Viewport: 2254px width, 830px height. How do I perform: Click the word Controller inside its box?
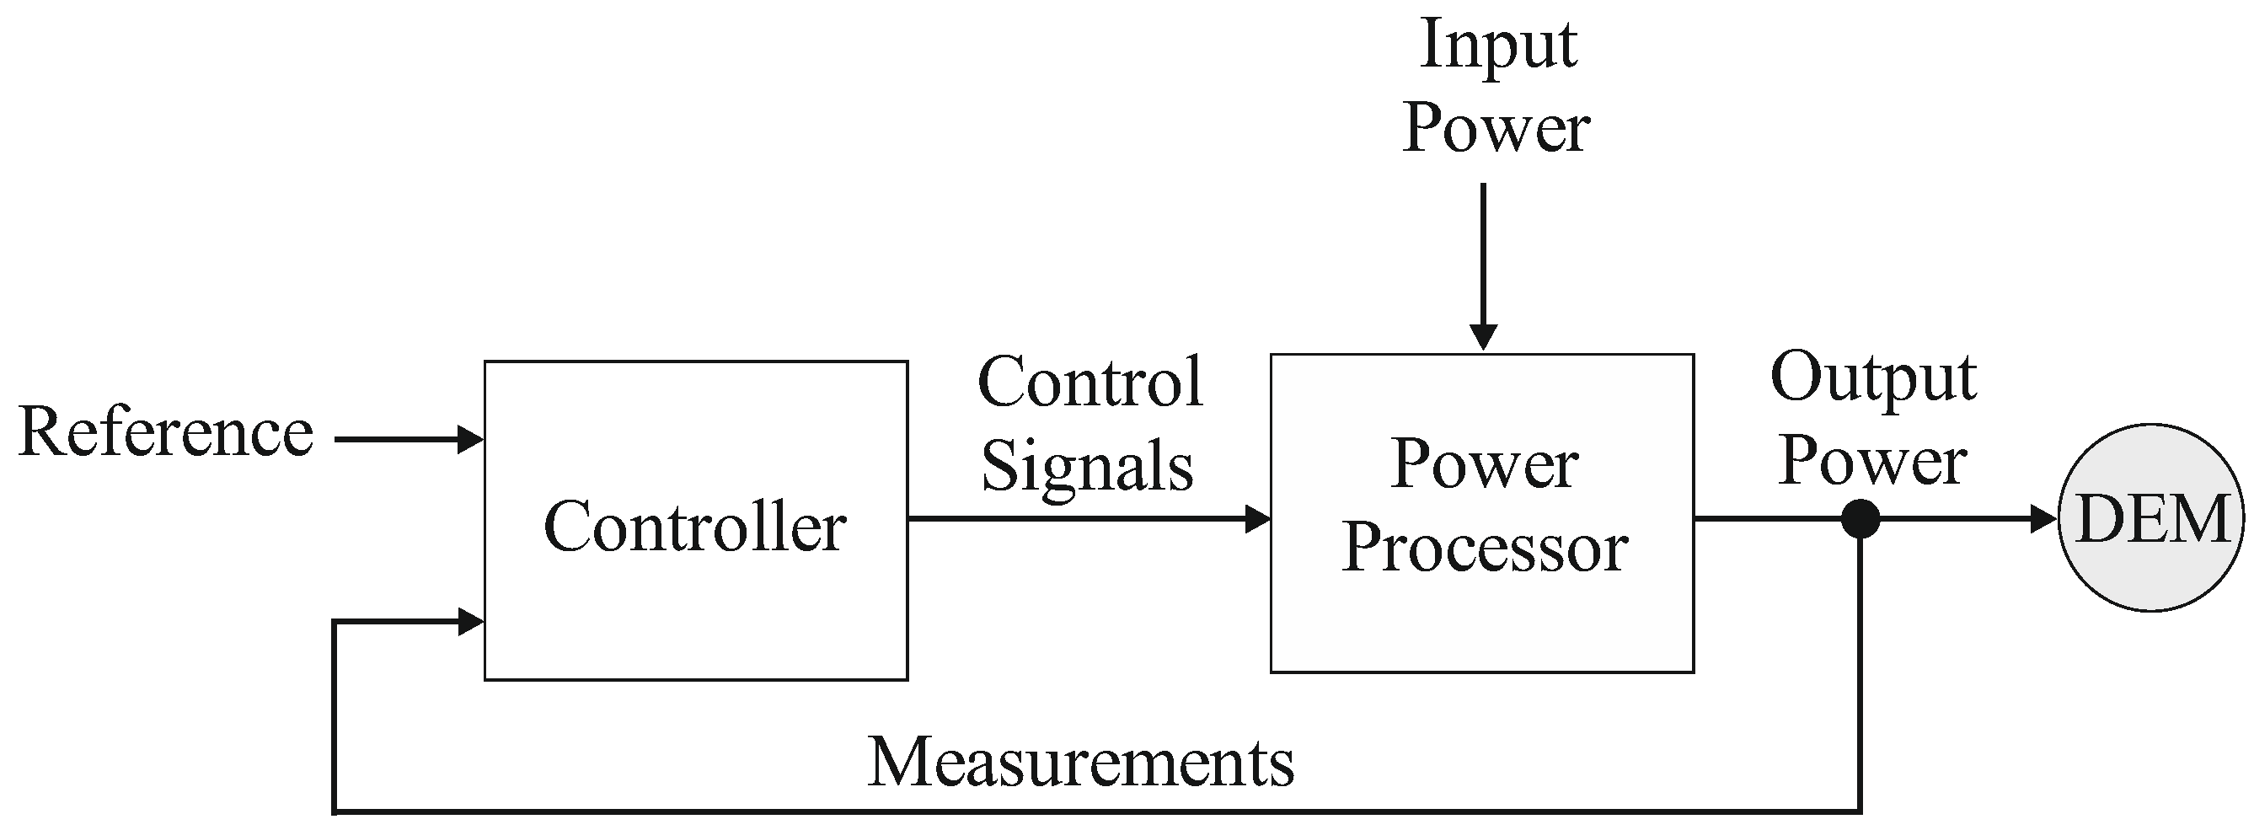tap(695, 527)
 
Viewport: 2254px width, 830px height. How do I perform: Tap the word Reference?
tap(165, 433)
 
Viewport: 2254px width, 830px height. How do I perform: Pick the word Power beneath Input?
tap(1496, 128)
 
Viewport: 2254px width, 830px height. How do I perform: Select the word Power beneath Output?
tap(1872, 461)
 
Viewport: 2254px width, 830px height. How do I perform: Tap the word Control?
tap(1090, 383)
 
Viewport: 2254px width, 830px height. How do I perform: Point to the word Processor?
tap(1484, 549)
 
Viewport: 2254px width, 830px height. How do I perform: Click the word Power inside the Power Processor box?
tap(1484, 464)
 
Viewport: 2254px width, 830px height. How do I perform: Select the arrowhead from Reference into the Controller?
tap(471, 439)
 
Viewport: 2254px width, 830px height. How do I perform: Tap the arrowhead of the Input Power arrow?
tap(1483, 337)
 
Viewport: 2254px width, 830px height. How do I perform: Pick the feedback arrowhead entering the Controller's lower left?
tap(471, 622)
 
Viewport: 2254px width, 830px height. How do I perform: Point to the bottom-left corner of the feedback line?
tap(335, 811)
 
